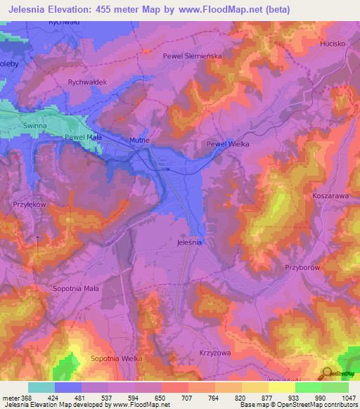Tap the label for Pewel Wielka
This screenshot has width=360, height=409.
pyautogui.click(x=229, y=143)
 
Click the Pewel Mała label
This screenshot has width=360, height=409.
pyautogui.click(x=84, y=137)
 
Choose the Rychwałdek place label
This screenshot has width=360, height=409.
pyautogui.click(x=87, y=82)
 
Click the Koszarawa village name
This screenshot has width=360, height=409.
pyautogui.click(x=330, y=197)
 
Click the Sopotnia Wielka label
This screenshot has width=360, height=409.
pyautogui.click(x=117, y=358)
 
